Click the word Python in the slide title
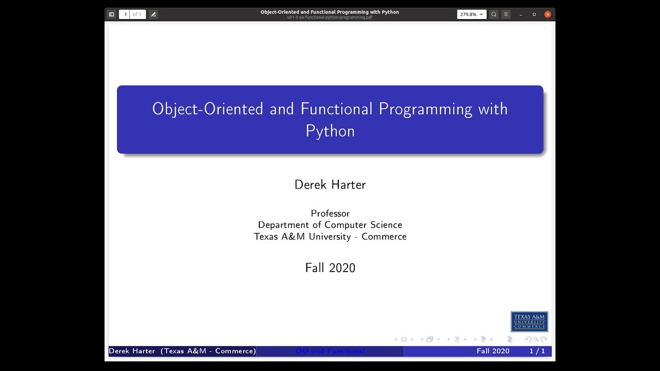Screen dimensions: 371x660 click(x=330, y=131)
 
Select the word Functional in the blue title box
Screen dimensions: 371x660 click(x=336, y=109)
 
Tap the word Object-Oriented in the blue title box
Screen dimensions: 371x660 click(x=207, y=109)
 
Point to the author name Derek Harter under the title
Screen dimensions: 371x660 click(x=330, y=184)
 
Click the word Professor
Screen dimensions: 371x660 click(x=330, y=213)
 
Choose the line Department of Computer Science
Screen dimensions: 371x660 click(x=330, y=225)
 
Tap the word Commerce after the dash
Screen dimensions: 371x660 click(x=384, y=237)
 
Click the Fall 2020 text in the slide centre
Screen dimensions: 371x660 click(x=330, y=268)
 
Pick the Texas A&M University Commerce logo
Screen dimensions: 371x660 click(x=529, y=322)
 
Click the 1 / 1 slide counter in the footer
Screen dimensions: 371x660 click(x=537, y=351)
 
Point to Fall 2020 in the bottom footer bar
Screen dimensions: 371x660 click(x=493, y=351)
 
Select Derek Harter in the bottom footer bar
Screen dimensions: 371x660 click(x=132, y=351)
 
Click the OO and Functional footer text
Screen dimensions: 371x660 click(x=330, y=351)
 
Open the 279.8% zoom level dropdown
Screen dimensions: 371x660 click(x=471, y=14)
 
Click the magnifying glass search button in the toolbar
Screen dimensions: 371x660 click(x=493, y=14)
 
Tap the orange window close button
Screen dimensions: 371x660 click(x=548, y=14)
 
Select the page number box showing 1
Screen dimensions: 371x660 click(x=125, y=14)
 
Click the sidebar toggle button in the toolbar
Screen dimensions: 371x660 click(x=111, y=14)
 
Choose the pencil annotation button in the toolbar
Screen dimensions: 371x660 click(x=153, y=14)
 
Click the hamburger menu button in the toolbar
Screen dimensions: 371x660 click(x=506, y=14)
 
